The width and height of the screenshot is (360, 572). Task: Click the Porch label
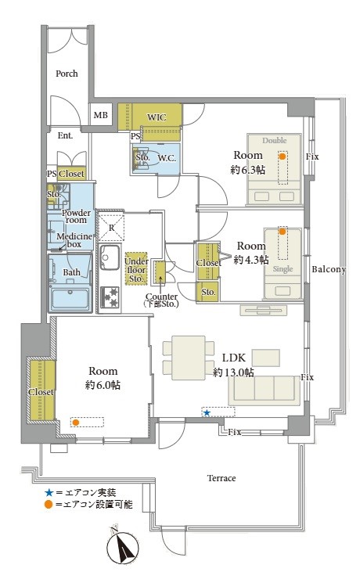[x=67, y=74]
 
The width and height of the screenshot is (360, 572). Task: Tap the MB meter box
[x=101, y=114]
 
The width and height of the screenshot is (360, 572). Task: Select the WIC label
[x=157, y=117]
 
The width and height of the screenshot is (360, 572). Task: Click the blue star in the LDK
[x=207, y=412]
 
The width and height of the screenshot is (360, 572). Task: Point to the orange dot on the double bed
[x=283, y=156]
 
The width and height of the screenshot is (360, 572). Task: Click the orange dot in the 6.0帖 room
[x=75, y=423]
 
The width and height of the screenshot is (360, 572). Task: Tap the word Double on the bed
[x=274, y=140]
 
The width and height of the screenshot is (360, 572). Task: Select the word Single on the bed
[x=283, y=269]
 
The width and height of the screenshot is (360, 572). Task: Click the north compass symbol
[x=124, y=546]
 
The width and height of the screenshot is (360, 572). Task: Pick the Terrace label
[x=221, y=478]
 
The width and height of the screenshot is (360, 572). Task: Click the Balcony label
[x=328, y=269]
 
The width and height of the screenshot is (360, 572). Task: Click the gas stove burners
[x=110, y=297]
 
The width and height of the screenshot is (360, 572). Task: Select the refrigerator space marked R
[x=111, y=228]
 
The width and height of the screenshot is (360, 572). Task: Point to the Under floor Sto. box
[x=136, y=269]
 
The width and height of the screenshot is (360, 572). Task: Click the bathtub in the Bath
[x=70, y=299]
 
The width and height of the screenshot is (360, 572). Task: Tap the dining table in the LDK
[x=188, y=358]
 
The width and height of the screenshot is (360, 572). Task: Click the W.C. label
[x=167, y=158]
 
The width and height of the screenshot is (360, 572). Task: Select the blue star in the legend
[x=49, y=493]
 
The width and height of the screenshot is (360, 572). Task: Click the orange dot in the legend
[x=49, y=505]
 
